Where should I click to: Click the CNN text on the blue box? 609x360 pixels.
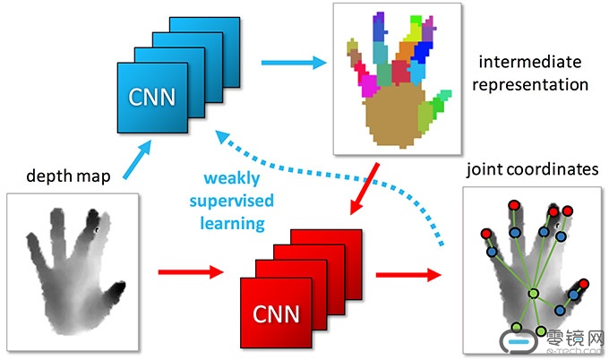152,97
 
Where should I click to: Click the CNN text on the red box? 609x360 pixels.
276,313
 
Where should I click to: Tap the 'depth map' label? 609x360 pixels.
68,176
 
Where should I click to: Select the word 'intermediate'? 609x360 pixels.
530,62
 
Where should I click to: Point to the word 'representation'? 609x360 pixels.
530,85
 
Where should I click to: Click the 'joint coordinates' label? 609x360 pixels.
533,169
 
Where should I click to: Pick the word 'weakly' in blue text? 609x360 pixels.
232,178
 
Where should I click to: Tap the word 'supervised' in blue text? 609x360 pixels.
232,201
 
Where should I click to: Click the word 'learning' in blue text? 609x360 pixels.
233,224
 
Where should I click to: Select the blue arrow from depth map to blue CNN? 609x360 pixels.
137,159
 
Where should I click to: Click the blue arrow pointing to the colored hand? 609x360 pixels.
294,63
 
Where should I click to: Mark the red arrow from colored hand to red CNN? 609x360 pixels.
364,189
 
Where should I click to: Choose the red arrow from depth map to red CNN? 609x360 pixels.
191,272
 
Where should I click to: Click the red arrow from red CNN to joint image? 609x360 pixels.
408,275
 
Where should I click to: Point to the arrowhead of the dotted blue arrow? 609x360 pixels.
223,137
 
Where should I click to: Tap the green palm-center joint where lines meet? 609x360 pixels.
534,294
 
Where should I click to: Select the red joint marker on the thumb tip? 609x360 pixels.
583,284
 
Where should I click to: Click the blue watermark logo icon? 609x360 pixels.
519,342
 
